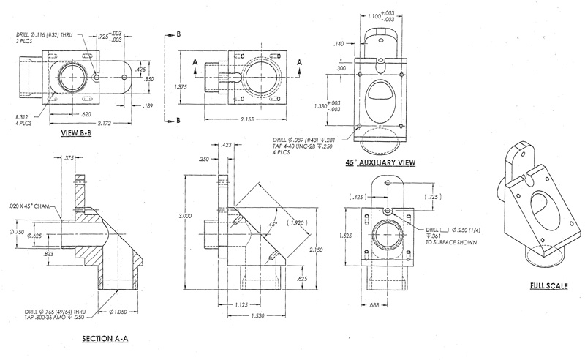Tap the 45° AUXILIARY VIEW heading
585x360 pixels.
tap(380, 162)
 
